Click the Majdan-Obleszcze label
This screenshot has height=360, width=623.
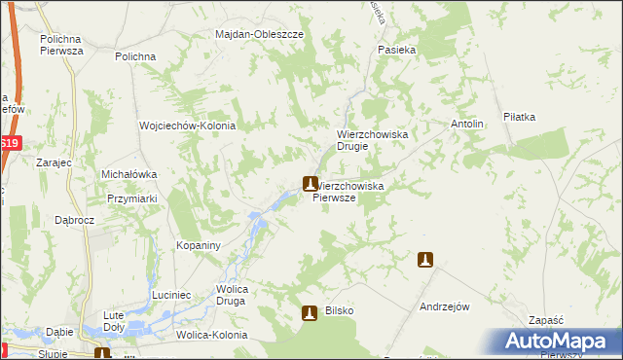[x=259, y=34]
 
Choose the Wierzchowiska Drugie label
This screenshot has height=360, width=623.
[x=377, y=140]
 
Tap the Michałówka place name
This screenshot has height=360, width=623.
[x=129, y=174]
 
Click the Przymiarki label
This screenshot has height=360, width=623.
[x=133, y=198]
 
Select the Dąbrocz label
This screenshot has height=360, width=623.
[x=74, y=221]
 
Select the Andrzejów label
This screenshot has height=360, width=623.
[x=445, y=306]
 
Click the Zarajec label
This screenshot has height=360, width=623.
[x=54, y=164]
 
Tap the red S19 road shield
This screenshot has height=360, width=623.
[x=10, y=143]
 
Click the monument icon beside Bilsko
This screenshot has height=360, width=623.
[x=310, y=312]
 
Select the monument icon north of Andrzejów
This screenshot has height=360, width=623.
[x=425, y=260]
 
